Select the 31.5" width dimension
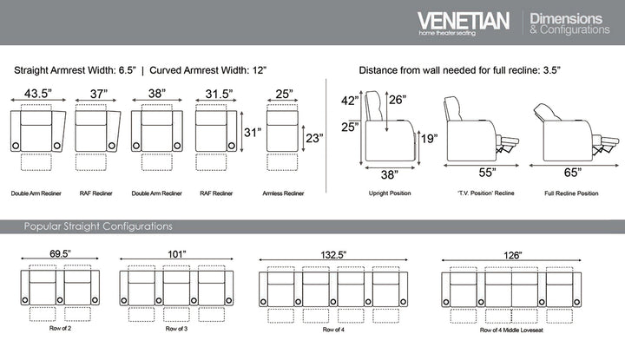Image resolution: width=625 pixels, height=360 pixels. (215, 94)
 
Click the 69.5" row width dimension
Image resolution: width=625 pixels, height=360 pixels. (60, 255)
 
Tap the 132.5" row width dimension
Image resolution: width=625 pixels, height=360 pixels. (332, 255)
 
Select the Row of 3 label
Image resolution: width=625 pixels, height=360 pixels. (175, 329)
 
